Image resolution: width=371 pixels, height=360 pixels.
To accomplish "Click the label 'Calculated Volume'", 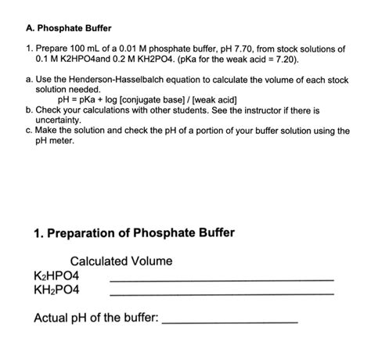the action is point(121,261).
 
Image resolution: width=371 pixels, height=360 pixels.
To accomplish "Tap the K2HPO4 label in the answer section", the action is point(63,275).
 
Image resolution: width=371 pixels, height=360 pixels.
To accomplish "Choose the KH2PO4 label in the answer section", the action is point(63,290).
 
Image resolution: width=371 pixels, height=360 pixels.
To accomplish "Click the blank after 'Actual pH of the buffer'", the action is point(230,322).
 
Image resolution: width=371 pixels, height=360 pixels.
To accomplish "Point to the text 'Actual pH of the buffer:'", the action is point(96,318).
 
